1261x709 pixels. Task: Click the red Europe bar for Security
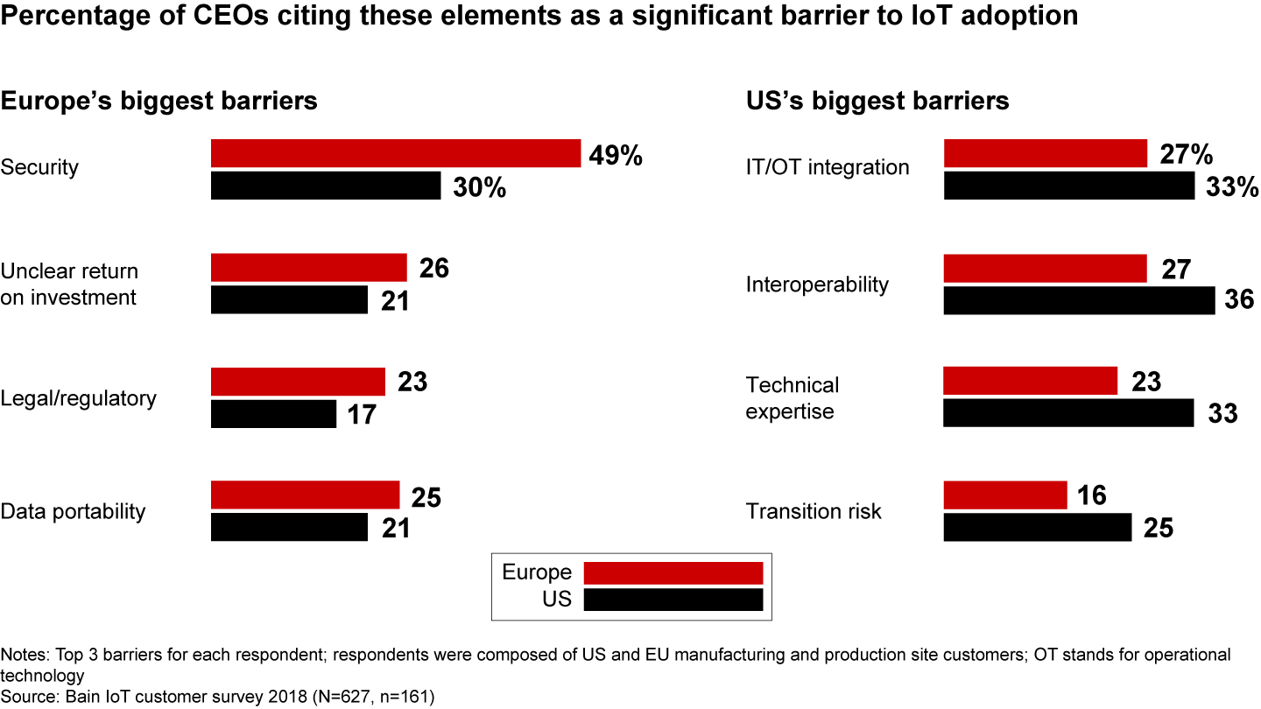pyautogui.click(x=396, y=153)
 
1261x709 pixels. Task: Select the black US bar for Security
pyautogui.click(x=326, y=186)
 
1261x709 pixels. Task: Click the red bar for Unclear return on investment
pyautogui.click(x=309, y=268)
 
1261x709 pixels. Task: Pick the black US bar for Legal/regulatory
pyautogui.click(x=273, y=414)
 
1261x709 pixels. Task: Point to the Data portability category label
pyautogui.click(x=73, y=511)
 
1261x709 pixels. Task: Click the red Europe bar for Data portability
pyautogui.click(x=305, y=495)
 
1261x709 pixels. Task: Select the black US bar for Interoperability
pyautogui.click(x=1079, y=300)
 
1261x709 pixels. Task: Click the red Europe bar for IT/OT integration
pyautogui.click(x=1046, y=153)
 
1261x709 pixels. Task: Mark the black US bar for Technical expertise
pyautogui.click(x=1068, y=413)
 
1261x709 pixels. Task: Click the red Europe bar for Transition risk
pyautogui.click(x=1005, y=495)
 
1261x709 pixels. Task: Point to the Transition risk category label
pyautogui.click(x=814, y=511)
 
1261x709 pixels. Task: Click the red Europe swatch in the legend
pyautogui.click(x=673, y=573)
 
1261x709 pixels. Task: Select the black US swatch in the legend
pyautogui.click(x=673, y=600)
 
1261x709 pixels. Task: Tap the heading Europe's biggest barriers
pyautogui.click(x=159, y=101)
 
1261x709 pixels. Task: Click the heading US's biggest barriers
pyautogui.click(x=877, y=101)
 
